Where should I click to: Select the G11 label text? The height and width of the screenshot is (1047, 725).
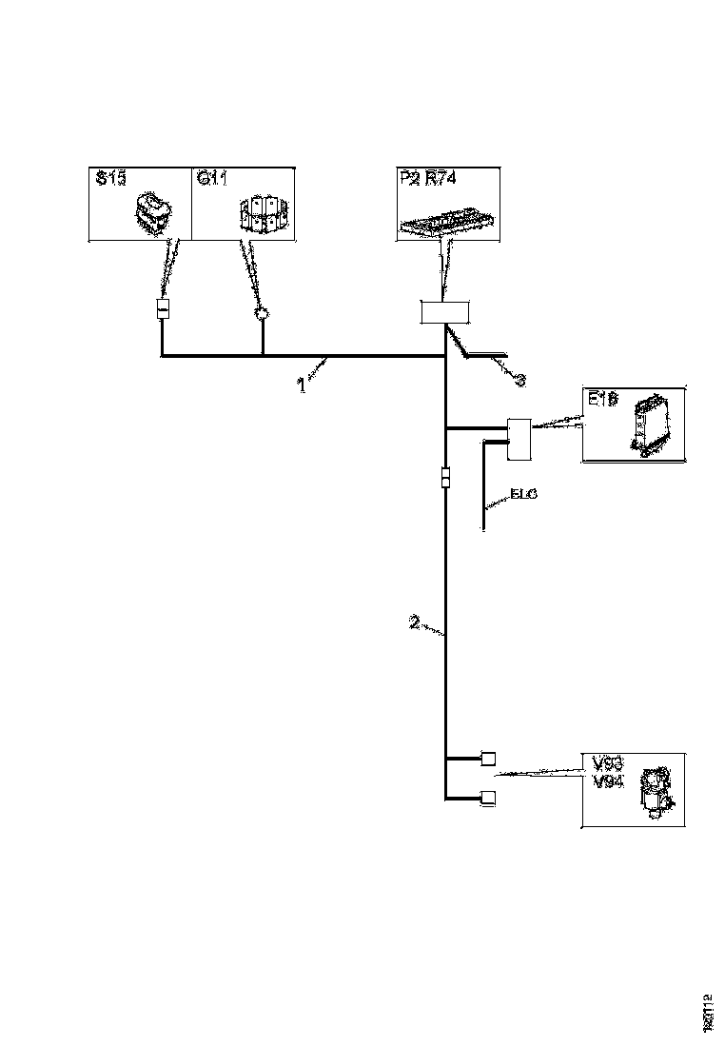[x=211, y=179]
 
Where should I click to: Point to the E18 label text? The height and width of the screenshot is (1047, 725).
[x=603, y=402]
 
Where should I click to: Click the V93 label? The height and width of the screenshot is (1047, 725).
[x=607, y=763]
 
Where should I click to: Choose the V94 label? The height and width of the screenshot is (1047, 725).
[x=607, y=781]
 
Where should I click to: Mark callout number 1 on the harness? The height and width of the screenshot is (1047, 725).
[x=302, y=386]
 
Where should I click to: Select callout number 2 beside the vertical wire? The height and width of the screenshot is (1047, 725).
[x=414, y=623]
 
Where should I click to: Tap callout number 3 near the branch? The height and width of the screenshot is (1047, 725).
[x=519, y=380]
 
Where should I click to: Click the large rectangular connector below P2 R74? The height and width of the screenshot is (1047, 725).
[x=445, y=312]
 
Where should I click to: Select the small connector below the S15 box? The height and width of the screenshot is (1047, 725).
[x=163, y=310]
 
